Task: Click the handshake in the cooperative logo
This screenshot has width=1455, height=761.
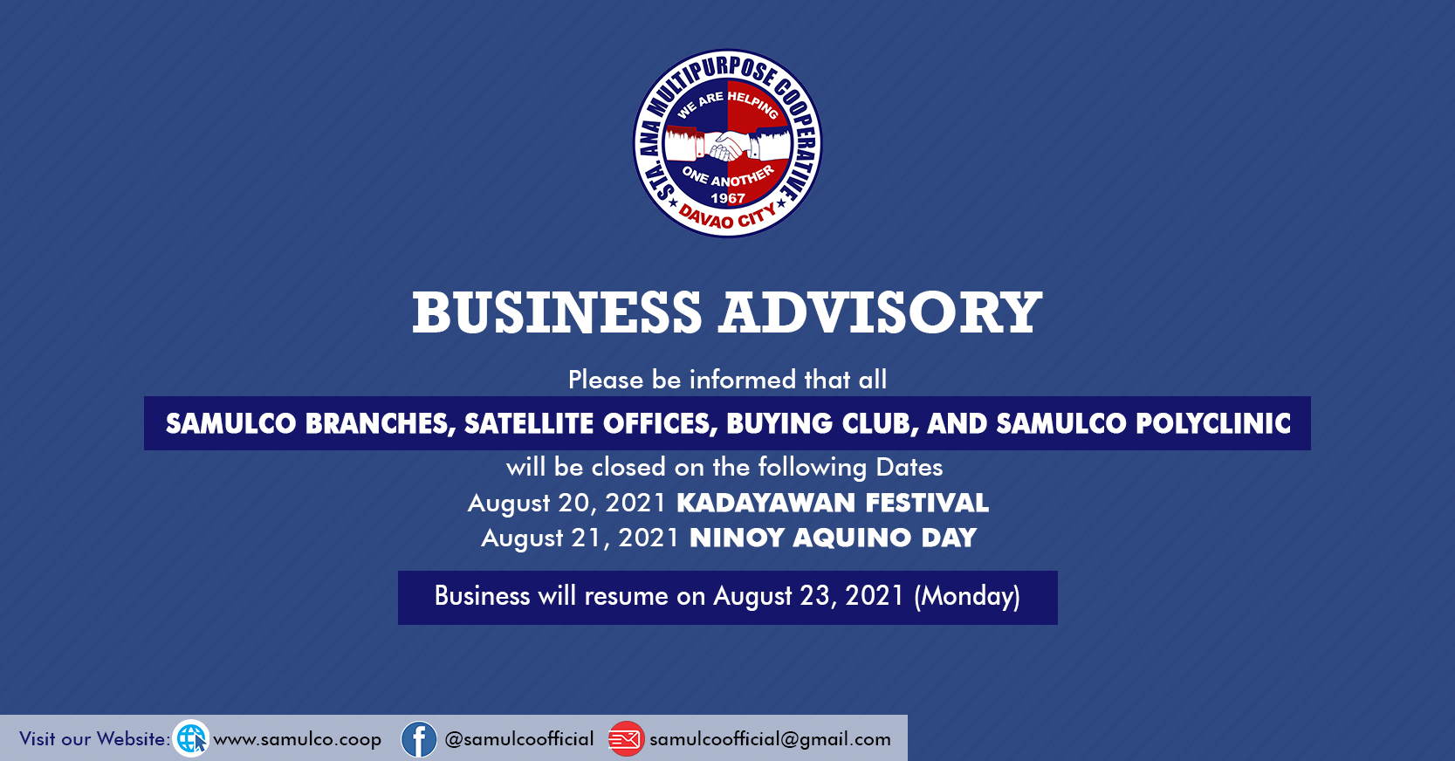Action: [x=728, y=146]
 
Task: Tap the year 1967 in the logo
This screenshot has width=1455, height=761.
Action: [x=728, y=198]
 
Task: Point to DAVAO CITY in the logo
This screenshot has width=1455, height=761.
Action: [x=728, y=216]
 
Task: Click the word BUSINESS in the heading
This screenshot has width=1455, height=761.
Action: [x=557, y=312]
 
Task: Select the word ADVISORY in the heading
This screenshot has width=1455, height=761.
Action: [x=880, y=312]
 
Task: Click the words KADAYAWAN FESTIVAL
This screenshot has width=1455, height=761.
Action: [x=833, y=504]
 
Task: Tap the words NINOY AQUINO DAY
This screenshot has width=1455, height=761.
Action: [x=834, y=538]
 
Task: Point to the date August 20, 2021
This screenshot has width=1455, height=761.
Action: [x=567, y=504]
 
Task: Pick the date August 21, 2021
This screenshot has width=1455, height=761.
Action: [x=580, y=538]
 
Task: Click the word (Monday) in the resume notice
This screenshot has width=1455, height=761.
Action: [x=967, y=596]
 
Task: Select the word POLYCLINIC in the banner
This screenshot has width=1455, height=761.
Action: [x=1213, y=423]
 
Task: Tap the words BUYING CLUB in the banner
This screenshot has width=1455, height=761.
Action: [x=822, y=424]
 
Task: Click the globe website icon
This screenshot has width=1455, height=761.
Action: [x=191, y=738]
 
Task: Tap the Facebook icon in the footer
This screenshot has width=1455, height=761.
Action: [x=419, y=739]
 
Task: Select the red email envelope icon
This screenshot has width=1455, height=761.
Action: [x=626, y=739]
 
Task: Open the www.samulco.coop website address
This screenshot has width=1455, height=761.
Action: [x=298, y=739]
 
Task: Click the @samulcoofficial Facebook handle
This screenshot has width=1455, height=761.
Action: [x=519, y=739]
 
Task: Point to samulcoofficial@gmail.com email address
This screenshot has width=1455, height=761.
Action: [x=771, y=739]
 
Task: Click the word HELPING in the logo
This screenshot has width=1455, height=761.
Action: [x=753, y=106]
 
